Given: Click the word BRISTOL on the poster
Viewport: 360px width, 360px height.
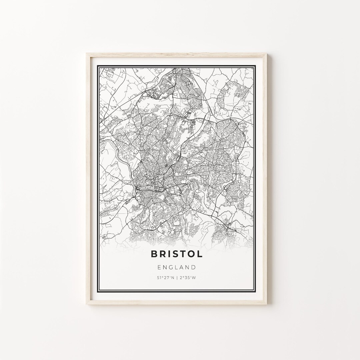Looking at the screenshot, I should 177,254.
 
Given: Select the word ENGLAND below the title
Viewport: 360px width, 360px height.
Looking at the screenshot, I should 177,267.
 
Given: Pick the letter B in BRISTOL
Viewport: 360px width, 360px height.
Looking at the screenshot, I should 154,254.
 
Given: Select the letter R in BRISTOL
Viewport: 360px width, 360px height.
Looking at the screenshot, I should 162,254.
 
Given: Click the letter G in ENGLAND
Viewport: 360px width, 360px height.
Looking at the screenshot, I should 171,267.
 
